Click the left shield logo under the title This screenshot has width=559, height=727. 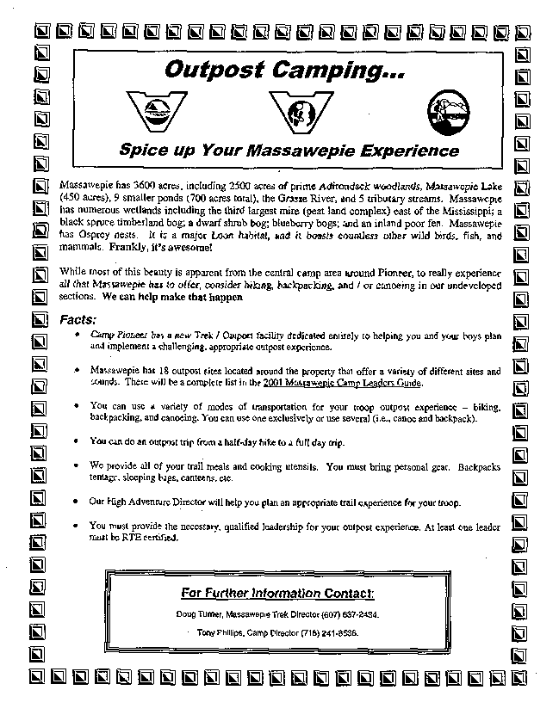click(156, 108)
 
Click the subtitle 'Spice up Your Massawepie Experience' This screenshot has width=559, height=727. click(289, 150)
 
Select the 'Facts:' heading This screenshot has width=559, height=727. click(78, 319)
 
